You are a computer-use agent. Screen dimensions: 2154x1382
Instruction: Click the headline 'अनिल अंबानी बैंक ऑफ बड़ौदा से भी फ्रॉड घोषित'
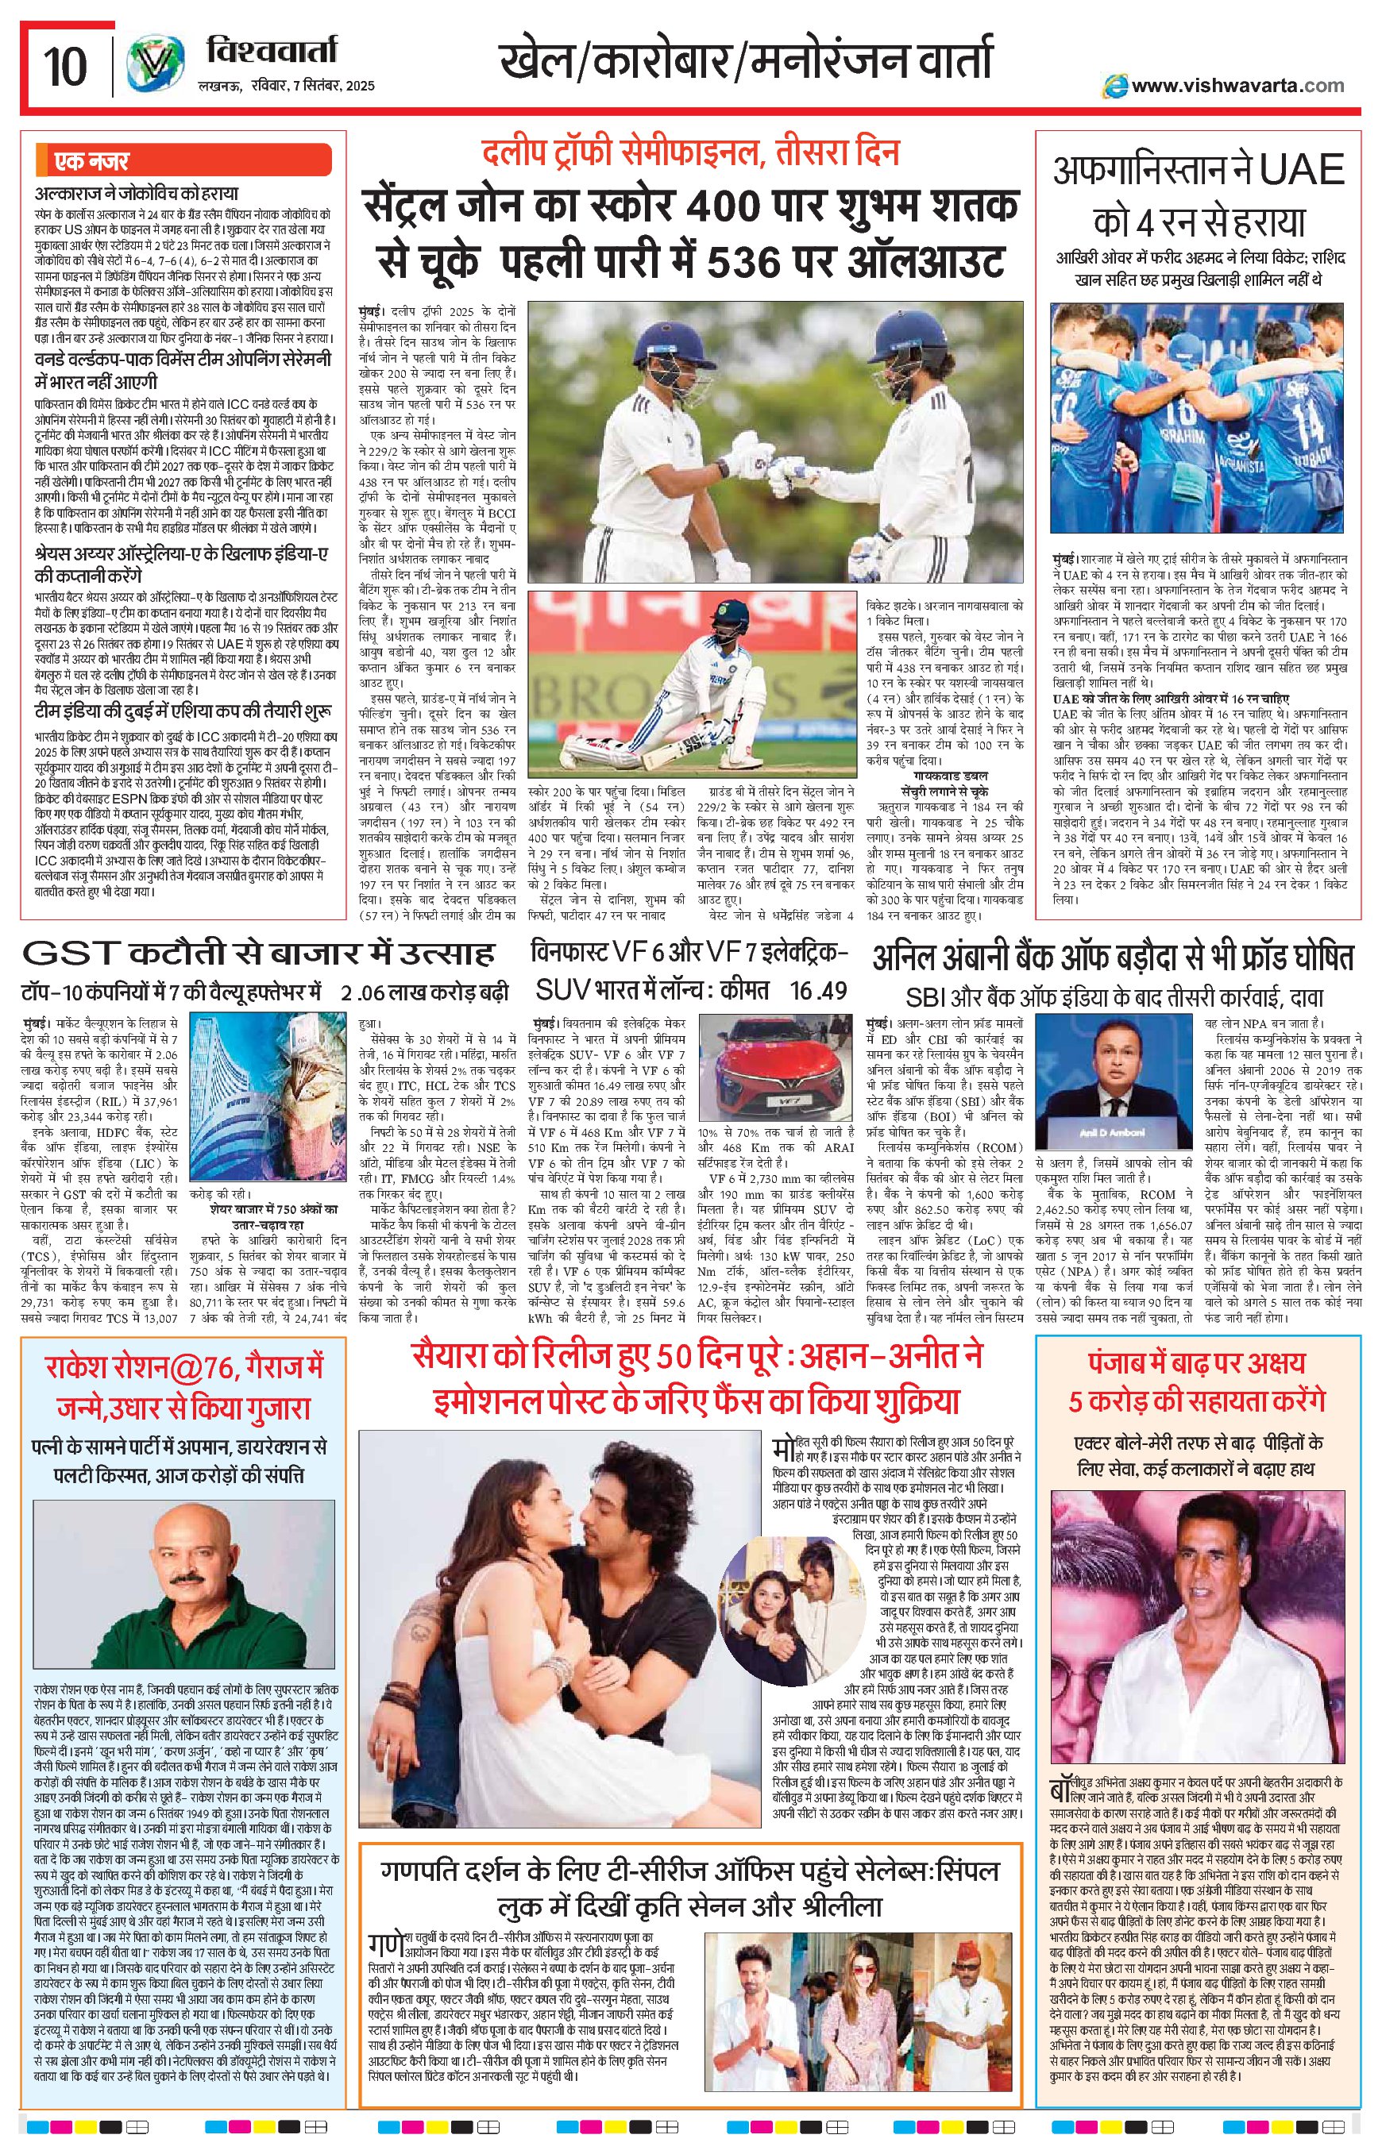(x=1113, y=958)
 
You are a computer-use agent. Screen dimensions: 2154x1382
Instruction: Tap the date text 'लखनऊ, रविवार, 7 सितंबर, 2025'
(x=284, y=86)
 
